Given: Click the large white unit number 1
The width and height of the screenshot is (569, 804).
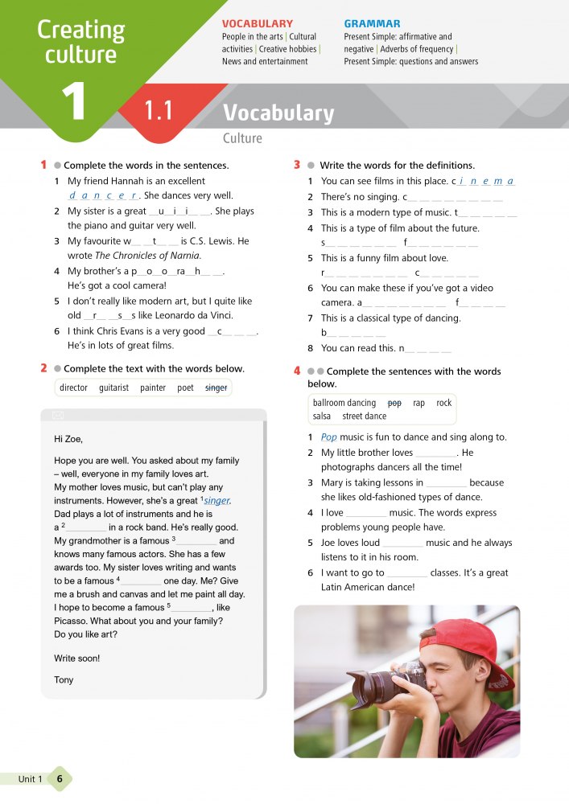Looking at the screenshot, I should (73, 101).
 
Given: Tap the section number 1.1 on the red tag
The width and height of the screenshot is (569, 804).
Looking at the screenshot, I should (159, 111).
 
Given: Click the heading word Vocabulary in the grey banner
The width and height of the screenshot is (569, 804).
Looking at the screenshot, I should (278, 113).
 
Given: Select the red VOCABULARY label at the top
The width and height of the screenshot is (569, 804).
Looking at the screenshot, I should (257, 24).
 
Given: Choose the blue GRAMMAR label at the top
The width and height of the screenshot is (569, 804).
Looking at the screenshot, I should (372, 24).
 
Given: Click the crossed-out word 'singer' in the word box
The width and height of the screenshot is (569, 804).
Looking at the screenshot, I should (216, 388).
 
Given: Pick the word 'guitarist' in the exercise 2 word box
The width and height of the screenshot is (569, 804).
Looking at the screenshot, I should (113, 388).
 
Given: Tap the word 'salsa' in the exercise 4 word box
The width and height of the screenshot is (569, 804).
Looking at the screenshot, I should (322, 416).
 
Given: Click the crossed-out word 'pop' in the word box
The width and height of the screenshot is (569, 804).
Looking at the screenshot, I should (394, 403).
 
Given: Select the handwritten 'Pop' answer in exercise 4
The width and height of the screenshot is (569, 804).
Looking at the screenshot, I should (328, 437).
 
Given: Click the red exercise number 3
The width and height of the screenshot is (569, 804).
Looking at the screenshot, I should (297, 165).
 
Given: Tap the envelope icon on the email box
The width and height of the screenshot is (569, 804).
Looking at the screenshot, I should (57, 415).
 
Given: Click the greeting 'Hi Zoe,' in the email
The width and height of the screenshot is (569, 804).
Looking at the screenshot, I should (68, 439).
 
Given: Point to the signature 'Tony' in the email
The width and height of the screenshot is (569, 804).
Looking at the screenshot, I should (64, 679).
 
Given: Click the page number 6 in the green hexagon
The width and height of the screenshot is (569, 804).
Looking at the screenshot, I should (60, 779).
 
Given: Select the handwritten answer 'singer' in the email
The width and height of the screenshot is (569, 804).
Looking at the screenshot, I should (216, 501).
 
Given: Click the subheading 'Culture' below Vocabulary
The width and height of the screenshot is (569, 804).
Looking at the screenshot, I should (242, 138).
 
